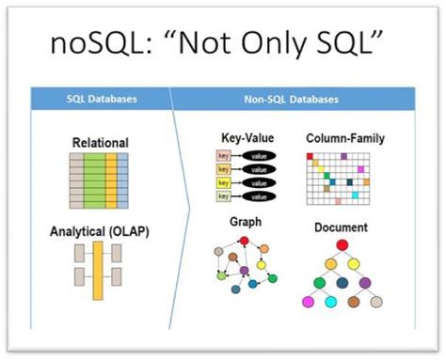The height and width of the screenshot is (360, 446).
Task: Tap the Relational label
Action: click(100, 143)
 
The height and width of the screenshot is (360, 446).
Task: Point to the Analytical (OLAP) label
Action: click(100, 231)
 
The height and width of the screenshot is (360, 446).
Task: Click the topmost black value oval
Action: click(258, 155)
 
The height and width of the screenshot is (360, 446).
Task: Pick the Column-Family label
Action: click(345, 138)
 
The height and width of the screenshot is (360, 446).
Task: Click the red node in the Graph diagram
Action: click(247, 241)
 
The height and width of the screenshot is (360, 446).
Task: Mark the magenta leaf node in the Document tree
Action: click(307, 303)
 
